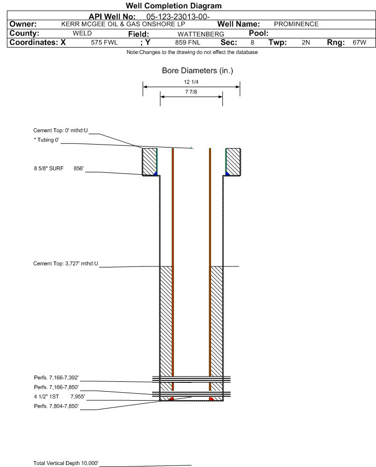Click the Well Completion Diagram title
[x=174, y=5]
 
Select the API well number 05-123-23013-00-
[x=178, y=17]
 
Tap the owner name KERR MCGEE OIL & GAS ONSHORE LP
[x=123, y=24]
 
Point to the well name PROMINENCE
[x=296, y=24]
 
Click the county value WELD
[x=82, y=33]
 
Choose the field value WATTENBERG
[x=201, y=34]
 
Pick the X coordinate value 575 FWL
[x=104, y=43]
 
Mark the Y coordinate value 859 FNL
[x=188, y=43]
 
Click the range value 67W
[x=359, y=42]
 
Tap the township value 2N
[x=306, y=43]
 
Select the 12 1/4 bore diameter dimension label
[x=191, y=82]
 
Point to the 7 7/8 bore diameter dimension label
[x=191, y=92]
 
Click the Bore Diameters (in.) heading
[x=198, y=71]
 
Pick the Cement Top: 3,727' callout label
[x=65, y=263]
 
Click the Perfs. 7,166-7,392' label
[x=56, y=378]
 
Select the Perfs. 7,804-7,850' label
[x=56, y=406]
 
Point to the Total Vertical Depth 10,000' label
[x=66, y=463]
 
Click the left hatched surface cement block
[x=149, y=162]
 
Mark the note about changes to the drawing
[x=192, y=52]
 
